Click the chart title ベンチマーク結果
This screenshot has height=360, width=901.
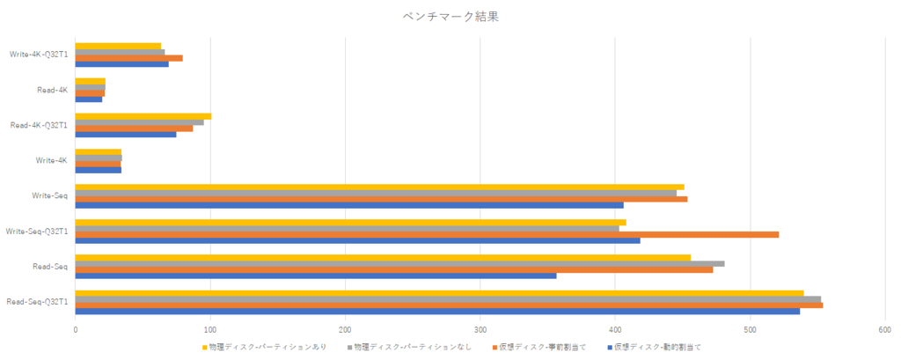pos(450,16)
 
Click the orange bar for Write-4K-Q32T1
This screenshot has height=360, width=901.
pos(128,58)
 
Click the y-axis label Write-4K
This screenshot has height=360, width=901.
pos(52,160)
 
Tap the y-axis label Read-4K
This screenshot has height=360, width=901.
pos(53,90)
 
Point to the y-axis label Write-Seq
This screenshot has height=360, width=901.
pos(49,195)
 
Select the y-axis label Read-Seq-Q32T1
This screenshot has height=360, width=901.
pos(38,302)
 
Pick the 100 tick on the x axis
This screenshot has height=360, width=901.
pos(210,329)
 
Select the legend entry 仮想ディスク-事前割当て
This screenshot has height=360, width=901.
pos(543,347)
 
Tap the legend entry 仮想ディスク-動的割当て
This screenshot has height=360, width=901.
pos(657,347)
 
